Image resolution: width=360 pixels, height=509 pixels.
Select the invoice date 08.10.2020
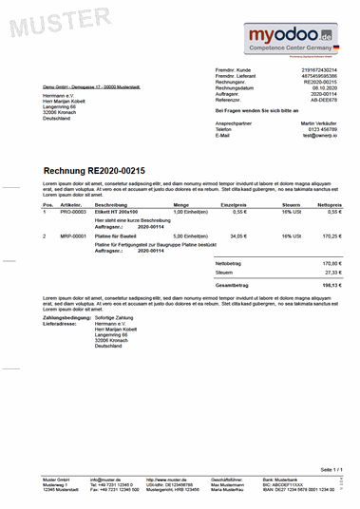(x=324, y=88)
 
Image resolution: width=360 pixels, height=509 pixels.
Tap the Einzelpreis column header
(x=235, y=204)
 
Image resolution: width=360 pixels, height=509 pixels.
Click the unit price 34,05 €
(x=238, y=236)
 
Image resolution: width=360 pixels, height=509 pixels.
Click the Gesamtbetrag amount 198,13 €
(x=332, y=284)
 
